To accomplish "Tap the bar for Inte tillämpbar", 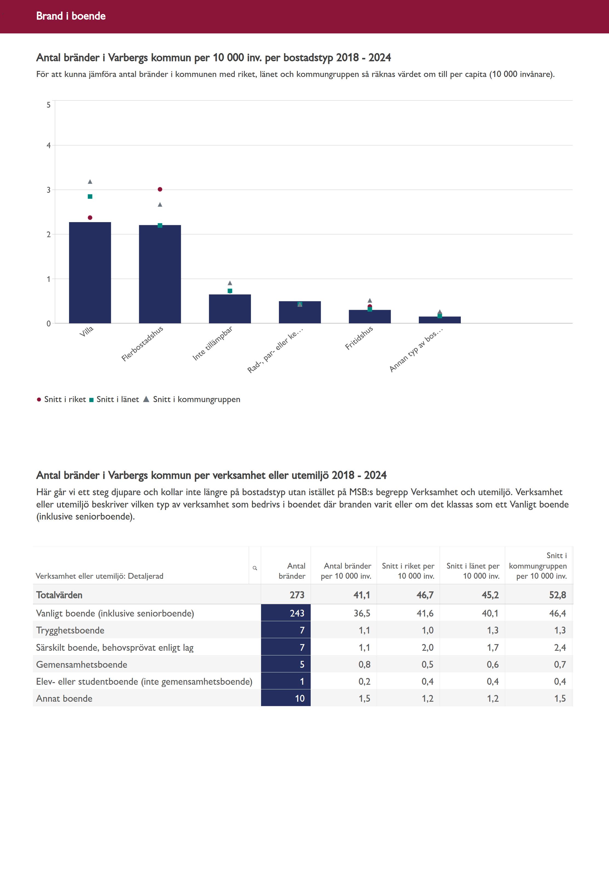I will (x=230, y=309).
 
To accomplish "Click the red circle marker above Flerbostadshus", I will (x=160, y=189).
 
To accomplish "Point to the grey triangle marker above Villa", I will (x=90, y=182).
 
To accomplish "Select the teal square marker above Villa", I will (x=90, y=196).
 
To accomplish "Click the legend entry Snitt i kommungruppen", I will (x=196, y=399).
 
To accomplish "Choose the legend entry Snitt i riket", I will (x=65, y=399).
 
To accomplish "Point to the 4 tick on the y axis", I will (x=48, y=145).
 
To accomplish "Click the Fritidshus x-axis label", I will (x=359, y=338).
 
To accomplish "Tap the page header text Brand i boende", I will (x=71, y=16).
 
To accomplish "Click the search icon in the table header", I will (x=255, y=568).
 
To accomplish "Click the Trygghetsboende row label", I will (x=70, y=630).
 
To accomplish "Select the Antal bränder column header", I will (x=292, y=571).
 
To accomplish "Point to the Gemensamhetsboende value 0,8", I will (x=364, y=664).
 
